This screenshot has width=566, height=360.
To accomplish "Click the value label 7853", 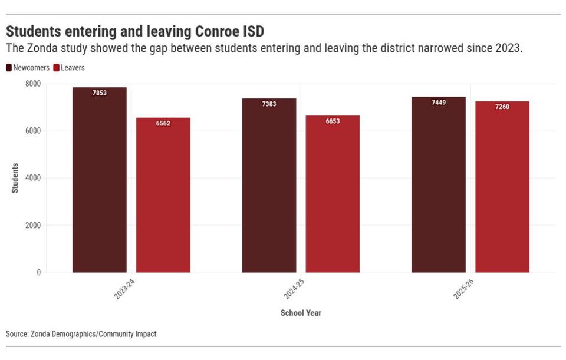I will [x=99, y=93].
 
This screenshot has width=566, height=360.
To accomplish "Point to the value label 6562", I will [x=163, y=124].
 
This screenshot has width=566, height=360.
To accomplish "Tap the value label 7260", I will [x=502, y=107].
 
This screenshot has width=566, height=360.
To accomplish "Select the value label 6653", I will [x=333, y=121].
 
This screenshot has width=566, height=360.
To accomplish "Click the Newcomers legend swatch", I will [x=9, y=68].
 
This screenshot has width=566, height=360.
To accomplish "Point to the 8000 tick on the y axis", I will [x=32, y=84].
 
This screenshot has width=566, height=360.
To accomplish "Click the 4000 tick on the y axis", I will [x=32, y=178].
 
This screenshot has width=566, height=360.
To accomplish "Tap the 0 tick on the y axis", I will [x=38, y=273].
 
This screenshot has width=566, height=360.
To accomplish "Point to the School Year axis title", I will [x=301, y=313].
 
